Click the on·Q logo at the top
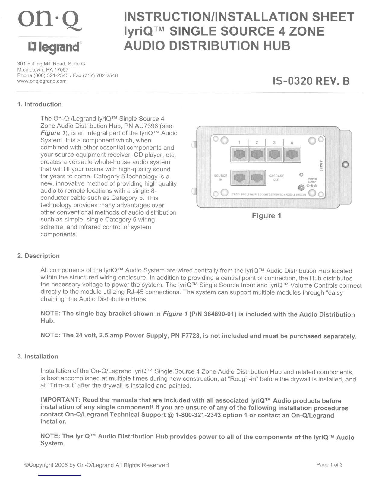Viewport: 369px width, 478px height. pyautogui.click(x=50, y=22)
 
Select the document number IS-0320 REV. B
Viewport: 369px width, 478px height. pyautogui.click(x=311, y=81)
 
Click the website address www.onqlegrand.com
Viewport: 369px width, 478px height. pyautogui.click(x=42, y=81)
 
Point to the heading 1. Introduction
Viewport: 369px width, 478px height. pyautogui.click(x=39, y=104)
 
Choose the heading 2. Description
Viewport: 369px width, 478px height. pyautogui.click(x=39, y=256)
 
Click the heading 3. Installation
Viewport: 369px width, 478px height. pyautogui.click(x=38, y=357)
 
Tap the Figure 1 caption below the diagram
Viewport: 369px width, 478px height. pyautogui.click(x=266, y=215)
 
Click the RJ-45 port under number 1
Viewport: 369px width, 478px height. pyautogui.click(x=239, y=155)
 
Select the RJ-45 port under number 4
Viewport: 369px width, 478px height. pyautogui.click(x=292, y=155)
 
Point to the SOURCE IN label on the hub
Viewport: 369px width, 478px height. pyautogui.click(x=220, y=178)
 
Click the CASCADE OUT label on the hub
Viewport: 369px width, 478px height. pyautogui.click(x=276, y=178)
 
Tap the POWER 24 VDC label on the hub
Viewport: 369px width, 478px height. pyautogui.click(x=312, y=180)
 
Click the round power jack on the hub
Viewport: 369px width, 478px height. pyautogui.click(x=301, y=188)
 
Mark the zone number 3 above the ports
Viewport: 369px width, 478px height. pyautogui.click(x=274, y=142)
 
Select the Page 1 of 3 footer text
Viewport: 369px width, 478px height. pyautogui.click(x=330, y=465)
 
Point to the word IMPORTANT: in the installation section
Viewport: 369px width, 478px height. pyautogui.click(x=60, y=400)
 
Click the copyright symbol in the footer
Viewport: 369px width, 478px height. pyautogui.click(x=27, y=465)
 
